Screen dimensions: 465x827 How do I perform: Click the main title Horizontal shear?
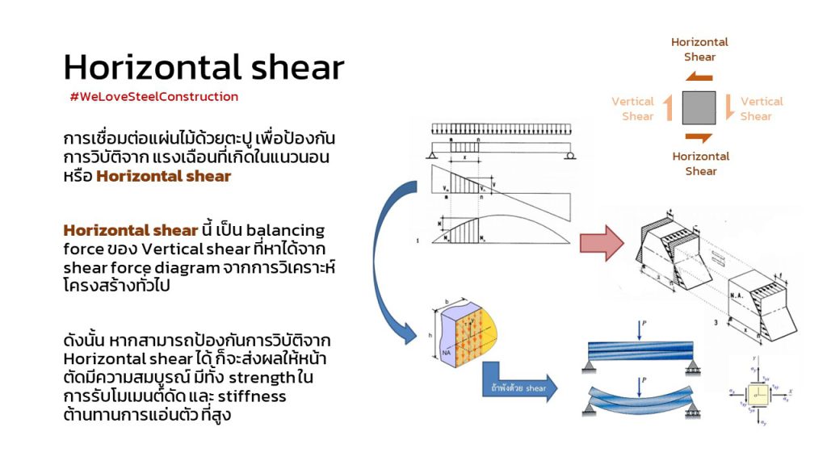click(204, 67)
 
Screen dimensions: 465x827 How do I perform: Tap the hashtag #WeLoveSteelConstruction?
click(154, 97)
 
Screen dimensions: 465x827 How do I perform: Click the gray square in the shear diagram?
click(699, 107)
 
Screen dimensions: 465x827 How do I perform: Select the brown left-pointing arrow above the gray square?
click(699, 77)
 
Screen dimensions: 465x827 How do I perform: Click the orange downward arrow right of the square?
click(729, 107)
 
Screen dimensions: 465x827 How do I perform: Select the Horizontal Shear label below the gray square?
click(700, 163)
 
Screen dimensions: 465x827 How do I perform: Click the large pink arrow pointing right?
click(602, 243)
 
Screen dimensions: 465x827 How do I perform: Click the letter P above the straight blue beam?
click(644, 324)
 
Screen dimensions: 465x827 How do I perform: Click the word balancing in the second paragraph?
click(285, 230)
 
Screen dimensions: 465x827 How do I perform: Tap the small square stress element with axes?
click(758, 394)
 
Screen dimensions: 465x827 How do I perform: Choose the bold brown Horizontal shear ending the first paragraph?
click(164, 176)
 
